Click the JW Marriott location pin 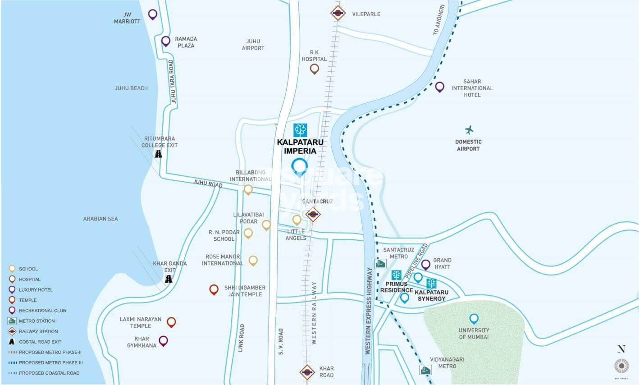coord(153,14)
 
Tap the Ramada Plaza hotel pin coord(166,41)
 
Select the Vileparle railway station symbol coord(338,13)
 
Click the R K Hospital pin coord(314,69)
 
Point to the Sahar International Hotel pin coord(439,87)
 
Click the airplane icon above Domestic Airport coord(469,130)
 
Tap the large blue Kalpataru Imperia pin coord(299,166)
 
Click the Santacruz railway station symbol coord(313,214)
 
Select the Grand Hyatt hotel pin coord(425,264)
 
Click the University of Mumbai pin coord(474,319)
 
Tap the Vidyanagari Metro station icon coord(425,370)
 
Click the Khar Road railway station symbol coord(307,372)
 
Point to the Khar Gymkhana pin coord(163,340)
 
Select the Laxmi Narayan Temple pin coord(171,322)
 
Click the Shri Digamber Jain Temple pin coord(214,289)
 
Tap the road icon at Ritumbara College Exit coord(158,154)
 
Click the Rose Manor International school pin coord(253,260)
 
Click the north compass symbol coord(622,365)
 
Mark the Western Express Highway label coord(368,311)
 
